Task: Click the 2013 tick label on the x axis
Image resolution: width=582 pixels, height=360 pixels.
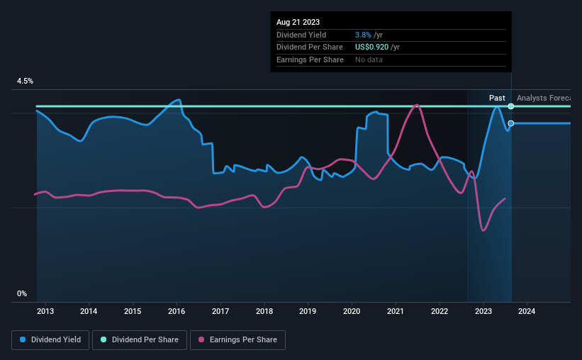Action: pyautogui.click(x=45, y=311)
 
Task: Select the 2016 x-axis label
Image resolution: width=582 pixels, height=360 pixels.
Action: pyautogui.click(x=177, y=311)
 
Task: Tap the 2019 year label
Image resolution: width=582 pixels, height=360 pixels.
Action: pyautogui.click(x=308, y=311)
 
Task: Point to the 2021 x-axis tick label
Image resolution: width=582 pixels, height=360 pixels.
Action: pyautogui.click(x=396, y=311)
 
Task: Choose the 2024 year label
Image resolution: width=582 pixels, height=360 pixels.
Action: pyautogui.click(x=527, y=311)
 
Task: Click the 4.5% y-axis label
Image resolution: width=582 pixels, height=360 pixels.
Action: pyautogui.click(x=25, y=81)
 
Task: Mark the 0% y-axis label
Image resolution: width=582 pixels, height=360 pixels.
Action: pyautogui.click(x=22, y=293)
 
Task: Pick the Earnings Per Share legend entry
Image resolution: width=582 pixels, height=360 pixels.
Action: pyautogui.click(x=237, y=340)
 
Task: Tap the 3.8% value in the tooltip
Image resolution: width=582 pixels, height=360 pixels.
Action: pyautogui.click(x=363, y=35)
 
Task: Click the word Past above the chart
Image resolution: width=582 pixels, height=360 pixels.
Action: pyautogui.click(x=497, y=98)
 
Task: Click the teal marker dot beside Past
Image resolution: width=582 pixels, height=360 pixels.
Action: pyautogui.click(x=510, y=106)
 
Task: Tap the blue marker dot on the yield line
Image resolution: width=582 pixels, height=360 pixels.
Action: pyautogui.click(x=510, y=123)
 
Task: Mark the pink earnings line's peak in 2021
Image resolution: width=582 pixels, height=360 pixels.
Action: pyautogui.click(x=417, y=105)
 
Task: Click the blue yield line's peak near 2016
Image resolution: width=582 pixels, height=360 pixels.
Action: pyautogui.click(x=179, y=100)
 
